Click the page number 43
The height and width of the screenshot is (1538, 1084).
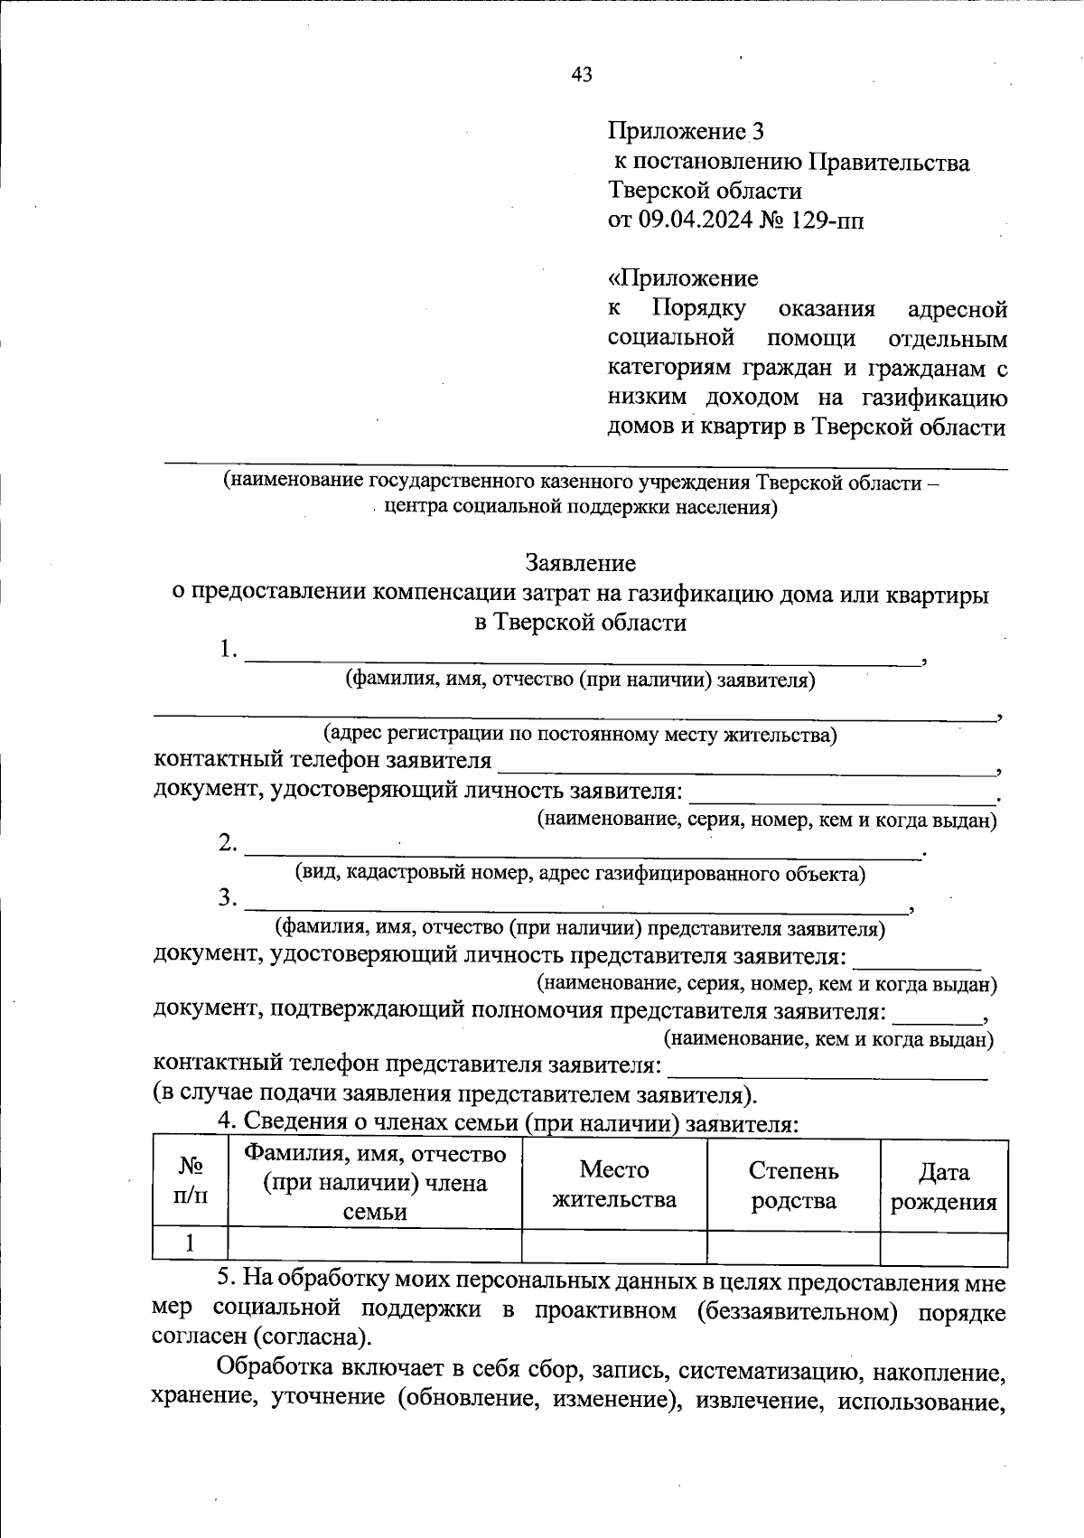pyautogui.click(x=582, y=75)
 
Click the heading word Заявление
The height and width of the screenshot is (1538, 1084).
pyautogui.click(x=581, y=563)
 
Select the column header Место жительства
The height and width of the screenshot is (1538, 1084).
pyautogui.click(x=614, y=1185)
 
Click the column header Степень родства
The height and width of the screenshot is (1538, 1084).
pyautogui.click(x=793, y=1185)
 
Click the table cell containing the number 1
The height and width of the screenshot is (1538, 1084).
pyautogui.click(x=190, y=1244)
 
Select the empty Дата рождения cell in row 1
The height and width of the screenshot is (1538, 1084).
pyautogui.click(x=943, y=1247)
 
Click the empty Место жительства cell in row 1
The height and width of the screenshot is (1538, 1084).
pyautogui.click(x=614, y=1247)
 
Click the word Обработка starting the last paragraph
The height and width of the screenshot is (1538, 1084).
pyautogui.click(x=275, y=1371)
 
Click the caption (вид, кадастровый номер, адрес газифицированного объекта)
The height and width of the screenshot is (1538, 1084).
pyautogui.click(x=580, y=874)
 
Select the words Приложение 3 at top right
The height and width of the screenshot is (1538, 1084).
pyautogui.click(x=686, y=132)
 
